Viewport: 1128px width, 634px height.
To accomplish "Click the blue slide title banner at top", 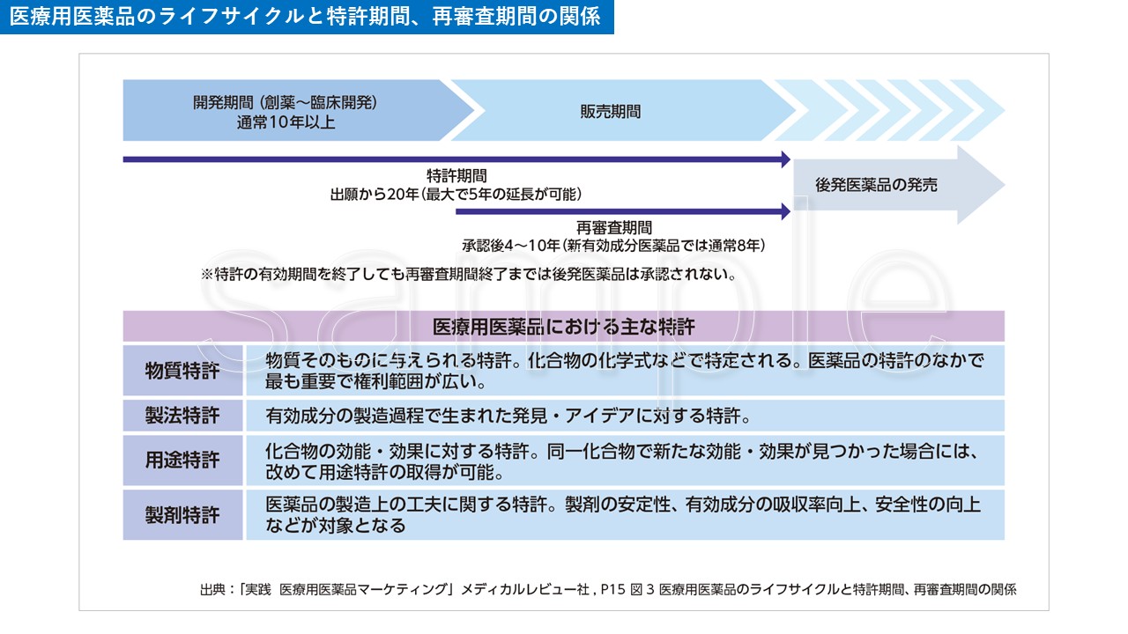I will pyautogui.click(x=307, y=18).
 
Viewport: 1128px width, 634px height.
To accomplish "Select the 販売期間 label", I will pyautogui.click(x=610, y=112).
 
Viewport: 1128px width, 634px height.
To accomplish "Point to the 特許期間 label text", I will pyautogui.click(x=456, y=176).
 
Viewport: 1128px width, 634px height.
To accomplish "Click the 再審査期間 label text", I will pyautogui.click(x=614, y=228).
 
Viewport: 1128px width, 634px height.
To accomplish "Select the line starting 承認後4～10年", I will pyautogui.click(x=613, y=245).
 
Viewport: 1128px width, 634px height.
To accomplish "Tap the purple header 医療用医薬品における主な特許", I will pyautogui.click(x=564, y=327).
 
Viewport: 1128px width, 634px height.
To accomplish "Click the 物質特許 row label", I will pyautogui.click(x=182, y=370).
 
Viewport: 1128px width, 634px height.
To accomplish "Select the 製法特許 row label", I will pyautogui.click(x=182, y=415).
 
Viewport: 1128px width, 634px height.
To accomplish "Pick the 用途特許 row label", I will pyautogui.click(x=182, y=461).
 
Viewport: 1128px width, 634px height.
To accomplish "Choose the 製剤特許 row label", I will pyautogui.click(x=182, y=515).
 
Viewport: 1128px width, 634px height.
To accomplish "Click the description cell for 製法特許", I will pyautogui.click(x=624, y=415).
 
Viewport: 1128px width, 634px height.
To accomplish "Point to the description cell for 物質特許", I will pyautogui.click(x=624, y=371).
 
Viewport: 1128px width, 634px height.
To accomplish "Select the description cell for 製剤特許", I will pyautogui.click(x=624, y=515).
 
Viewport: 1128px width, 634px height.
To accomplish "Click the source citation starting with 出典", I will pyautogui.click(x=608, y=590).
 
